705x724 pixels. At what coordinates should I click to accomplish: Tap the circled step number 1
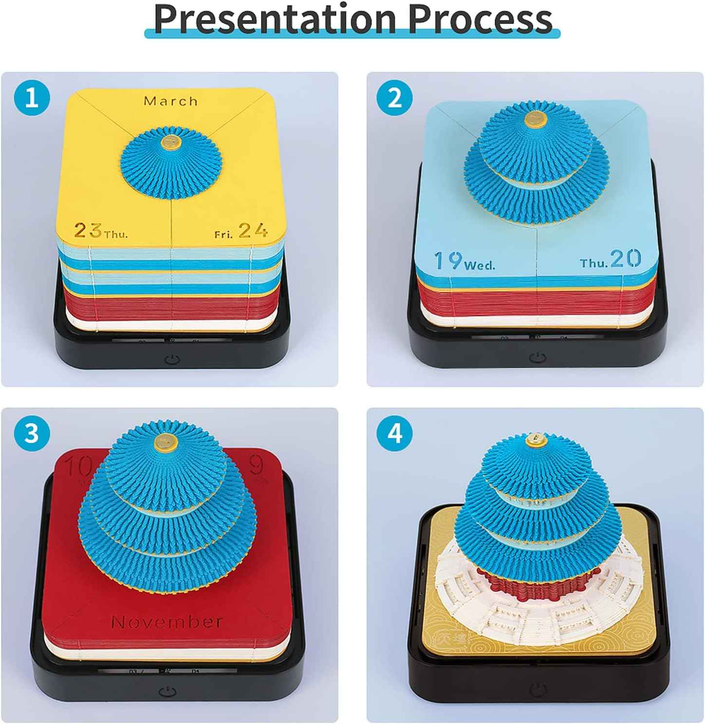click(32, 97)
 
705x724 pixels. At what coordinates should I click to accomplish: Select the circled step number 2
click(395, 97)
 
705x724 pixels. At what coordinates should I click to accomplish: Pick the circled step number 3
click(32, 432)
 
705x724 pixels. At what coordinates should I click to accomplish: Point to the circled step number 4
click(395, 432)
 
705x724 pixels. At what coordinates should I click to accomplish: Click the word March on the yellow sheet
click(171, 101)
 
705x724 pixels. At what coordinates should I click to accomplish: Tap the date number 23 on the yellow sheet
click(88, 230)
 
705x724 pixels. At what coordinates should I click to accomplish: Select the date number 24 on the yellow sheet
click(253, 230)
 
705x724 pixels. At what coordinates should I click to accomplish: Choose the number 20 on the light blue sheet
click(625, 259)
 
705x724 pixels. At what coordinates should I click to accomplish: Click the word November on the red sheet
click(167, 622)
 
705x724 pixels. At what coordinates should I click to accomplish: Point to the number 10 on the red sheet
click(78, 467)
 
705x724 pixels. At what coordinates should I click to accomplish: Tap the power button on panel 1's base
click(172, 360)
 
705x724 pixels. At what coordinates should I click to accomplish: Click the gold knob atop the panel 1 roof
click(171, 142)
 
